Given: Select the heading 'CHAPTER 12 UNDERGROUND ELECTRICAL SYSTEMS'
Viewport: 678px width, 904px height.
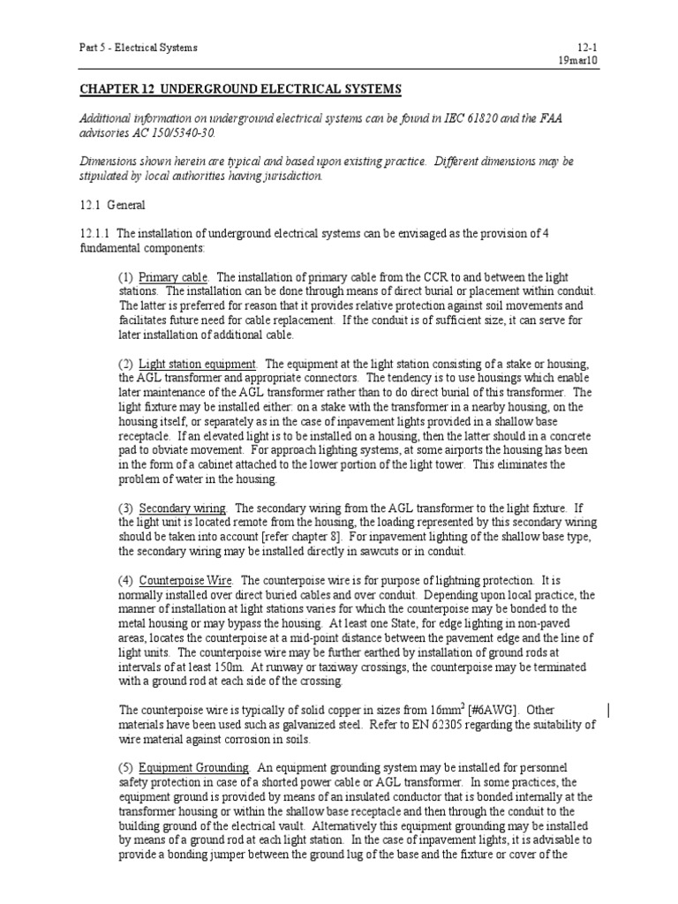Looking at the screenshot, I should [x=241, y=90].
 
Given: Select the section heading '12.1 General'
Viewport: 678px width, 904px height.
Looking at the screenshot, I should [x=109, y=204].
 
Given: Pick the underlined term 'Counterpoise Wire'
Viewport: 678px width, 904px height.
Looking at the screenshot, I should [x=185, y=580].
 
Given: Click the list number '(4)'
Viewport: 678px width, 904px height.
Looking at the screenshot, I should [x=125, y=580].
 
